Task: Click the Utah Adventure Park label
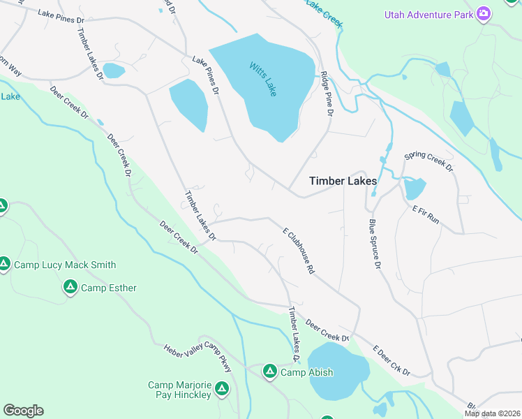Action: pyautogui.click(x=428, y=15)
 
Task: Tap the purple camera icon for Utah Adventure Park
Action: pyautogui.click(x=483, y=14)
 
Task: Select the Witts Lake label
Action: pyautogui.click(x=263, y=79)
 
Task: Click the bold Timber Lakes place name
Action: pyautogui.click(x=343, y=181)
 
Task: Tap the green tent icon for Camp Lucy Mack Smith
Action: pyautogui.click(x=4, y=264)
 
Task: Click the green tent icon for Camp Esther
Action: pyautogui.click(x=70, y=286)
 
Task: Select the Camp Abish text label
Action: pyautogui.click(x=306, y=372)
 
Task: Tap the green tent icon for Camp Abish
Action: pyautogui.click(x=270, y=372)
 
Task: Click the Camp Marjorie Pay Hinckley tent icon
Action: pyautogui.click(x=222, y=388)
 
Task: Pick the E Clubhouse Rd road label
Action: pyautogui.click(x=299, y=249)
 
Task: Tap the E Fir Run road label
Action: pyautogui.click(x=426, y=214)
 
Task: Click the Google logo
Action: pyautogui.click(x=23, y=411)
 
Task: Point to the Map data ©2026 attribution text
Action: pyautogui.click(x=493, y=413)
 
